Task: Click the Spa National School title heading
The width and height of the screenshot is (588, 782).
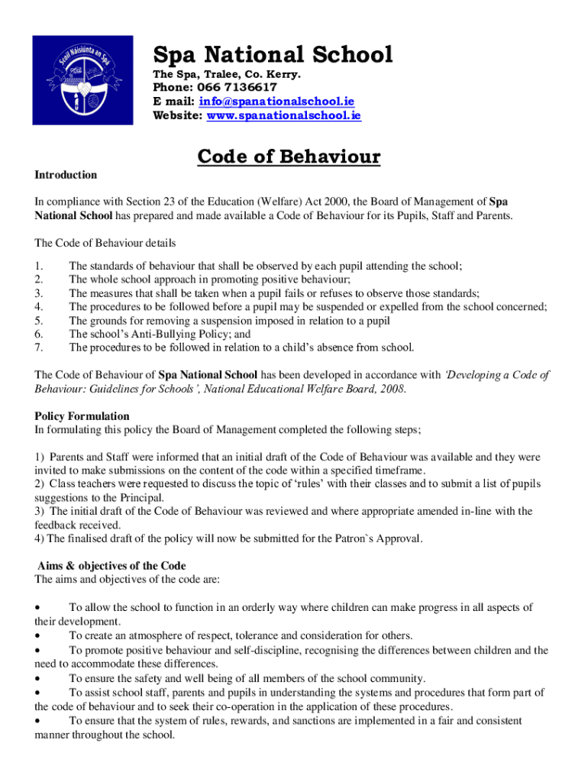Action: (x=273, y=54)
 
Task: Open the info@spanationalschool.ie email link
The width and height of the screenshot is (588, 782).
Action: (x=276, y=102)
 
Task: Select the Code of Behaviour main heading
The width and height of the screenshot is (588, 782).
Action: (x=289, y=157)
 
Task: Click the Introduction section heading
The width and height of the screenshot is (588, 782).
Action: (x=66, y=175)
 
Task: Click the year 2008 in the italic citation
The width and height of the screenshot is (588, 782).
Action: (x=393, y=389)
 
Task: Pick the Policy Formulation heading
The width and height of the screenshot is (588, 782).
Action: (x=82, y=416)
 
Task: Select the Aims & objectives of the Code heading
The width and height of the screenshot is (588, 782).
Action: (x=111, y=566)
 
